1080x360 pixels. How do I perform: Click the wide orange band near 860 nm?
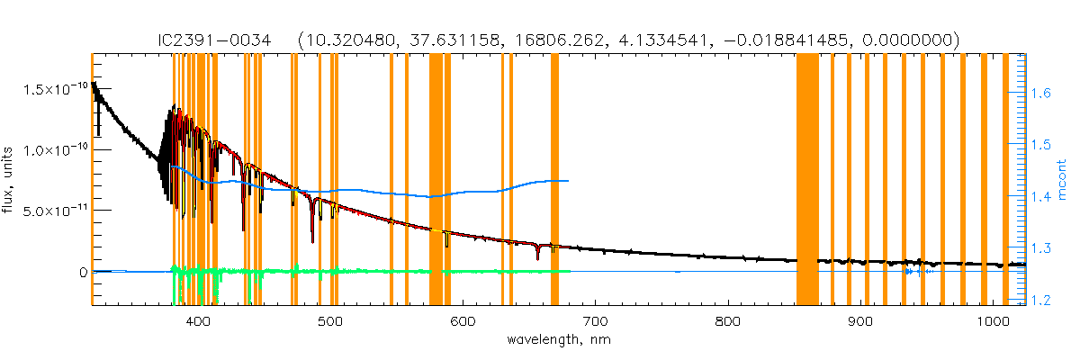click(x=807, y=180)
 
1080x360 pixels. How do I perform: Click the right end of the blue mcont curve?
click(x=568, y=181)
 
